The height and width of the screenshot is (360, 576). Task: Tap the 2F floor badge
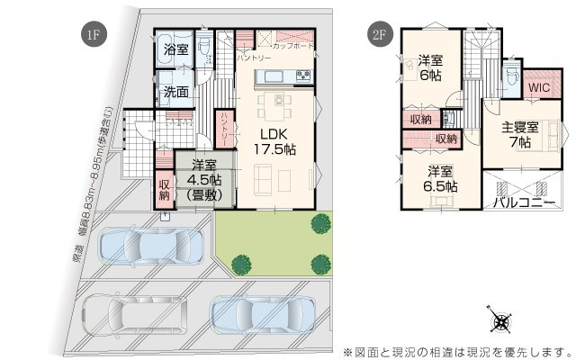pyautogui.click(x=380, y=35)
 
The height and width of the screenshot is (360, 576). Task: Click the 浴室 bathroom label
pyautogui.click(x=176, y=49)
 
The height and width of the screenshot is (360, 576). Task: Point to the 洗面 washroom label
pyautogui.click(x=176, y=92)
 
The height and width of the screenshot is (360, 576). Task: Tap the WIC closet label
pyautogui.click(x=539, y=88)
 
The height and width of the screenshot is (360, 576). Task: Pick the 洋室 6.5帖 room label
pyautogui.click(x=440, y=178)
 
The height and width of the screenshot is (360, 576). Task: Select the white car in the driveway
pyautogui.click(x=135, y=315)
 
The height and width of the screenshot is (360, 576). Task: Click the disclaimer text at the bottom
pyautogui.click(x=456, y=349)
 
